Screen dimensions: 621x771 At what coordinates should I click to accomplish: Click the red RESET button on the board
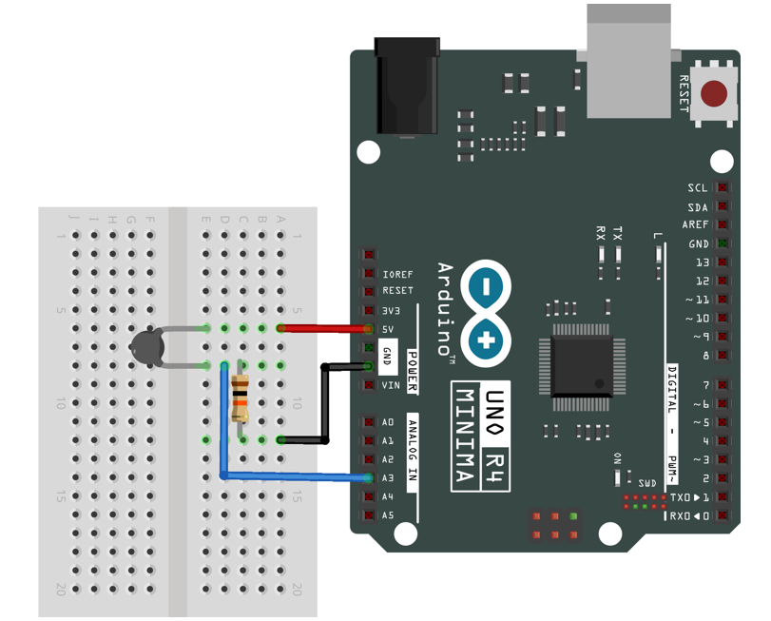click(714, 94)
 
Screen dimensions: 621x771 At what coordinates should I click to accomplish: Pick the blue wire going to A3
click(295, 475)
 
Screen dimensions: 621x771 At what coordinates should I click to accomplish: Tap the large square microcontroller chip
click(582, 366)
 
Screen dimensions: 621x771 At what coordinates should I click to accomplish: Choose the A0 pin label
click(388, 422)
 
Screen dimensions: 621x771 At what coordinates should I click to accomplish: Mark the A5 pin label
click(388, 515)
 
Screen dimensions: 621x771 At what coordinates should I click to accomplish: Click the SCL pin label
click(698, 188)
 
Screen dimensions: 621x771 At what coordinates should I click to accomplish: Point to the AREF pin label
click(696, 225)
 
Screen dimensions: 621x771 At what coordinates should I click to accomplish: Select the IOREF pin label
click(397, 273)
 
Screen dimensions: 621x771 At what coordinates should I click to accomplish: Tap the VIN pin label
click(391, 385)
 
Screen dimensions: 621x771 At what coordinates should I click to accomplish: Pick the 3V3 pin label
click(391, 310)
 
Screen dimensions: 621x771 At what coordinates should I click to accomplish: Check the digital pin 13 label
click(703, 262)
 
